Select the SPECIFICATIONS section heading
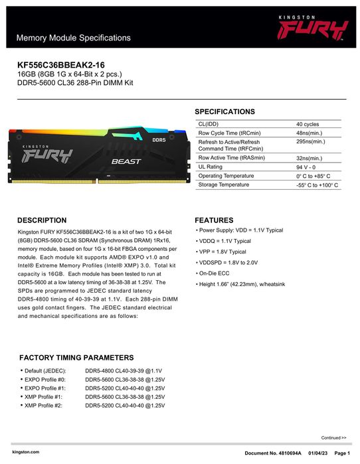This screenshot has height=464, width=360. [x=225, y=112]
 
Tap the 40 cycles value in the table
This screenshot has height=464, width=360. [x=308, y=124]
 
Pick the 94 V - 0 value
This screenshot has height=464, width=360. [x=308, y=167]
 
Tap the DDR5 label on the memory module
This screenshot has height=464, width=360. [x=159, y=140]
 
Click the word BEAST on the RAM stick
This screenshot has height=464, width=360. [x=125, y=161]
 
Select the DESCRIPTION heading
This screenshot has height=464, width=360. [x=42, y=220]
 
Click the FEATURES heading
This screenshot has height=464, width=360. [x=214, y=220]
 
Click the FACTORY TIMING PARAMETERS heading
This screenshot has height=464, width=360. [x=76, y=357]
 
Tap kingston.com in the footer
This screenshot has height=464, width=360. [x=26, y=451]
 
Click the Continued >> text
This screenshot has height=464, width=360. [x=334, y=438]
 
